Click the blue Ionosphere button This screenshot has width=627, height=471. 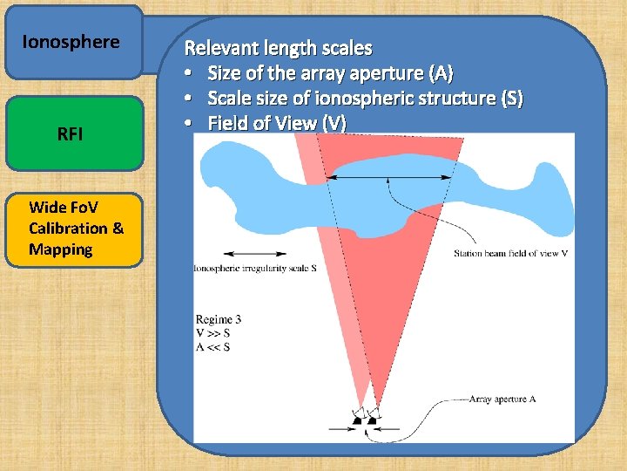point(73,42)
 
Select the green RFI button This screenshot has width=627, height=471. point(73,133)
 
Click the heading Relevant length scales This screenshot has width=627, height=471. point(279,48)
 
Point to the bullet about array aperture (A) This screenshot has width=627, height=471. point(329,73)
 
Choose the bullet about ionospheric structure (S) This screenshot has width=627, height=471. point(364,99)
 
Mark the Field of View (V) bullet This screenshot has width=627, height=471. point(275,124)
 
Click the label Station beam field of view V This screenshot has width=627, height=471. point(511,254)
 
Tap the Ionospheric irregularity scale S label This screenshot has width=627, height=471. point(254,268)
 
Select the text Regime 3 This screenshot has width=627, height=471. point(219,319)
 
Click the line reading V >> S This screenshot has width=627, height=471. point(213,333)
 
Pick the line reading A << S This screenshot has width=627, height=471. point(213,347)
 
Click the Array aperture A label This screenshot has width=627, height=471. point(502,399)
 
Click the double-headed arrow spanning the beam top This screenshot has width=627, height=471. point(387,177)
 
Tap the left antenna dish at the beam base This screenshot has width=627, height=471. point(358,420)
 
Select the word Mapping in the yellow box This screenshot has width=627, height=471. point(61,249)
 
